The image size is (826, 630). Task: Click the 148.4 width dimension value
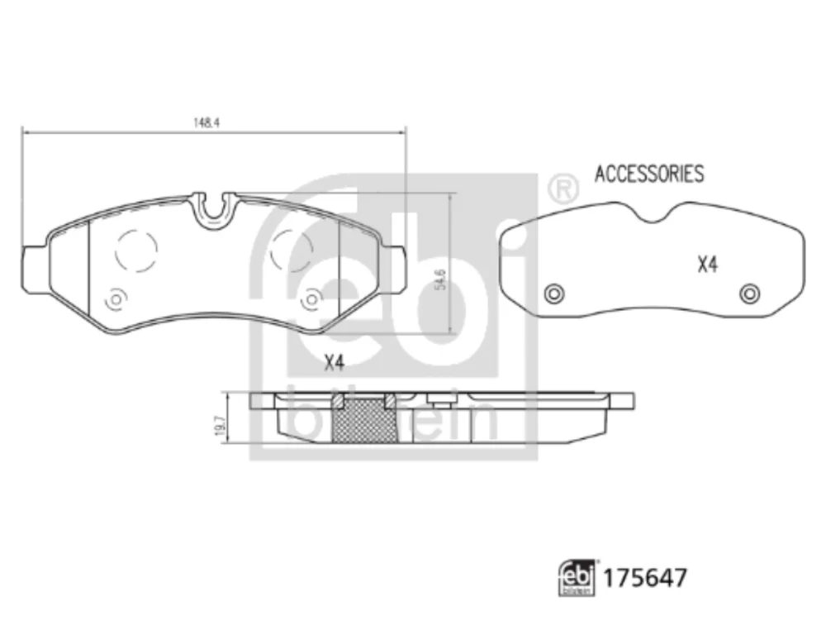pos(206,123)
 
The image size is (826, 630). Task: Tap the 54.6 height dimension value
pos(441,279)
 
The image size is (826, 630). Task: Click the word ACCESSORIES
pos(649,174)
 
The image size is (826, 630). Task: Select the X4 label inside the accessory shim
pos(708,264)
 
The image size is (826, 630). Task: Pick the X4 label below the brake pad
pos(334,363)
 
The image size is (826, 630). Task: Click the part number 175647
pos(645,578)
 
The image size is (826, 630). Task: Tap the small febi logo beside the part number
pos(577,578)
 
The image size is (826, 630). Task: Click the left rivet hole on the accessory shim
pos(554,294)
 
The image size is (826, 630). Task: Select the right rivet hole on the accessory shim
pos(750,294)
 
